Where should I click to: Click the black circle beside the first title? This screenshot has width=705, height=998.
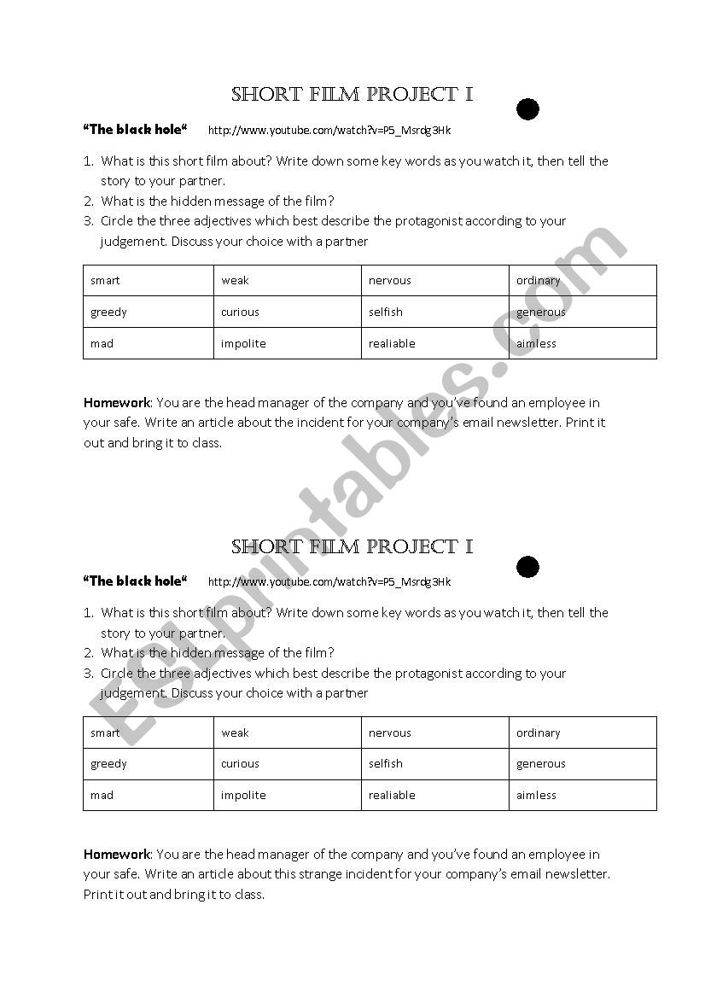click(528, 109)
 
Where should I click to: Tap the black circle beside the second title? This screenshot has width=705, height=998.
click(528, 567)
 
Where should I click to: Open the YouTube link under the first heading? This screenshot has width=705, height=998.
click(329, 131)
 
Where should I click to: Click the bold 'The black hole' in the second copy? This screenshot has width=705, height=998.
click(135, 581)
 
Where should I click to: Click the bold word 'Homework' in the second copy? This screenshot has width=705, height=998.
click(117, 854)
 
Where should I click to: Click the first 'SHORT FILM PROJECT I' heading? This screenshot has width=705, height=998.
click(352, 95)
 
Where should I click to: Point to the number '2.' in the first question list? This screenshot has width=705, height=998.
click(88, 201)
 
